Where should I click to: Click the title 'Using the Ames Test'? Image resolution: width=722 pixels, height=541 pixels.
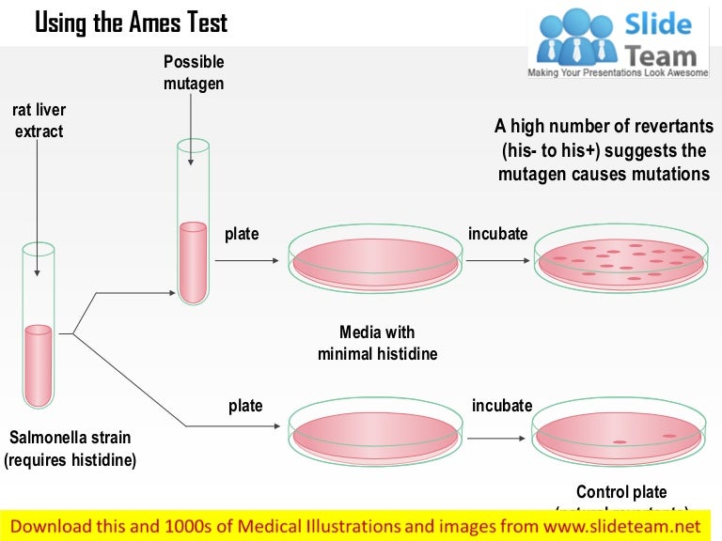point(131,23)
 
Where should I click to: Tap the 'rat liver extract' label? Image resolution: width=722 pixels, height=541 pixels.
point(39,121)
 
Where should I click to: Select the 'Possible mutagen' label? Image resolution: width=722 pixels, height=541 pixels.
point(194,72)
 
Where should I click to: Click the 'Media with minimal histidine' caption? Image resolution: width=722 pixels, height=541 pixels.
point(377,344)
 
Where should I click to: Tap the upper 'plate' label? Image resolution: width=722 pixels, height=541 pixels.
point(242,234)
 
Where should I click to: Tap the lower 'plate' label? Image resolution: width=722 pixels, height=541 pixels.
point(245,406)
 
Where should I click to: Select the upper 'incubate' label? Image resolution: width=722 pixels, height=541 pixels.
point(498,234)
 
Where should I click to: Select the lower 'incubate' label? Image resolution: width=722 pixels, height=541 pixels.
point(502,406)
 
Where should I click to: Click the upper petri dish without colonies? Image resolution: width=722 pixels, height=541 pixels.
point(375,257)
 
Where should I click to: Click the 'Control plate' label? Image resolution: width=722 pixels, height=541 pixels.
point(621,492)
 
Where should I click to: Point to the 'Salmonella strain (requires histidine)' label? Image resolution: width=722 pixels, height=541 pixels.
point(70,449)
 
